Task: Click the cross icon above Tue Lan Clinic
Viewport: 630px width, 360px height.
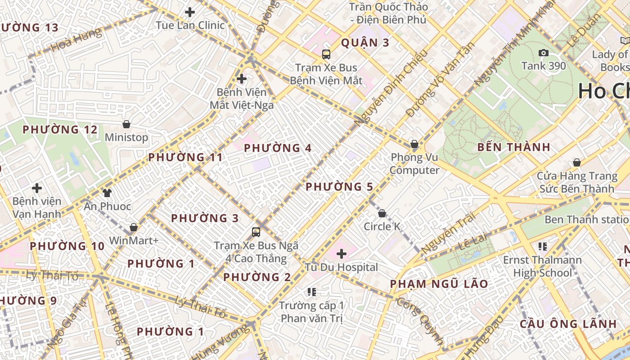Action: pos(190,12)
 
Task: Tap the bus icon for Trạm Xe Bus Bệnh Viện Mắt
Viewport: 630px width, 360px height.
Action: pos(326,54)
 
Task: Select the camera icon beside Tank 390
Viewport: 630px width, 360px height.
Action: pos(544,53)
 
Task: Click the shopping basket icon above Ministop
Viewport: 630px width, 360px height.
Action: pos(126,124)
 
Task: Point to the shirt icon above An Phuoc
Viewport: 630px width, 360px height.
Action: pos(107,193)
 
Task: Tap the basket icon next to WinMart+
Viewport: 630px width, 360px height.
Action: pos(134,227)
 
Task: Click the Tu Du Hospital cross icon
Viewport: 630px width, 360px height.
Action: pos(342,254)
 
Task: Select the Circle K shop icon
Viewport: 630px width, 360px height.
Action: pos(382,213)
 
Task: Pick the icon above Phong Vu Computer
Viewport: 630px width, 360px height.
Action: pos(414,144)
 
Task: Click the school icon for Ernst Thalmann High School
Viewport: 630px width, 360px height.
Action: pos(543,246)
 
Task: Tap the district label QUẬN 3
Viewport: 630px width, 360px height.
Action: pos(365,43)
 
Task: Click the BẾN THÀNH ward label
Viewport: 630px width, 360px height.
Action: pos(514,147)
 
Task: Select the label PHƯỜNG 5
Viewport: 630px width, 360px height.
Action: pos(340,187)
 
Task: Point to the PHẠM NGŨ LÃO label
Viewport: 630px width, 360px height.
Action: pos(439,284)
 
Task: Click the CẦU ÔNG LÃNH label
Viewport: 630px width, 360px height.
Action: pos(568,324)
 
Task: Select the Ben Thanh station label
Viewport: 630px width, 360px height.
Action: pos(587,220)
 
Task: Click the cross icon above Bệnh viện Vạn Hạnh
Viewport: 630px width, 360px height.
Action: pos(37,188)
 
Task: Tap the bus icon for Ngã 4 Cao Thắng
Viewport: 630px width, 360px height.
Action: pos(256,232)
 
